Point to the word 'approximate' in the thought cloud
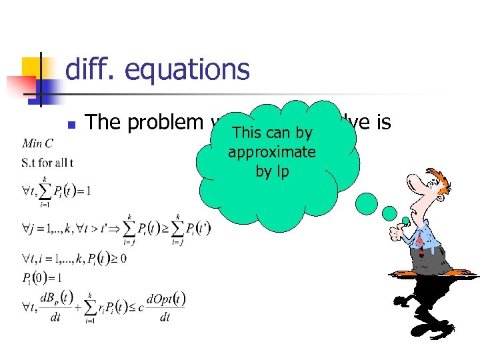coord(271,152)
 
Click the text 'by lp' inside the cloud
coord(271,171)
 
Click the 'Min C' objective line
coord(37,143)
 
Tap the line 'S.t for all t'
coord(47,162)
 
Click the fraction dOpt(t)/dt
coord(165,307)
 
